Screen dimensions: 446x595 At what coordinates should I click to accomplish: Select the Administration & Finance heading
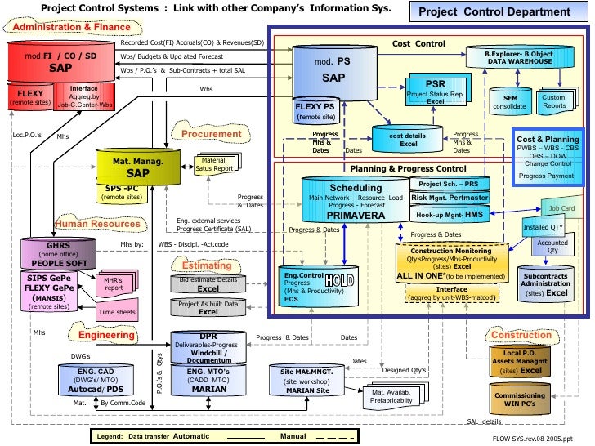[x=71, y=27]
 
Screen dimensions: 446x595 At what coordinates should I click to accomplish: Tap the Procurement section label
[x=212, y=133]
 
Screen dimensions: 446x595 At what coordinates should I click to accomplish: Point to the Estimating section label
[x=206, y=265]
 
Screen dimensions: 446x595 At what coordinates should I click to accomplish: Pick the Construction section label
[x=521, y=335]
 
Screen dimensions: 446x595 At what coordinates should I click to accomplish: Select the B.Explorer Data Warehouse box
[x=520, y=56]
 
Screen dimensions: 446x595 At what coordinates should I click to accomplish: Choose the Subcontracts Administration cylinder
[x=545, y=283]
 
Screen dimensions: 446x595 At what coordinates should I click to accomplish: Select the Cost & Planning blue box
[x=548, y=158]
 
